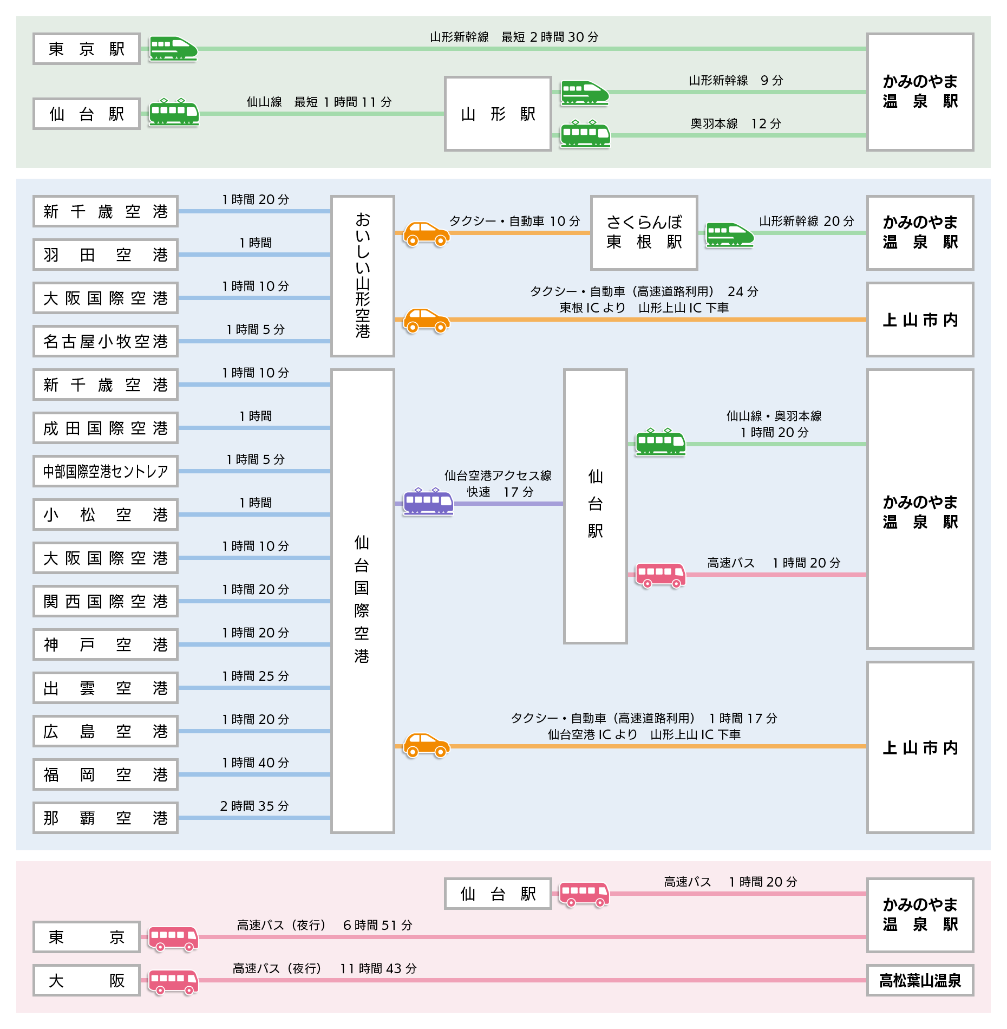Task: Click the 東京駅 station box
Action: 87,49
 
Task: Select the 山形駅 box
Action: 498,114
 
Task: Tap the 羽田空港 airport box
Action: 106,255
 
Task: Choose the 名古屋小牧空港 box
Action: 106,341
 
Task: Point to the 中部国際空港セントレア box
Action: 106,471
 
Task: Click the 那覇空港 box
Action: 106,818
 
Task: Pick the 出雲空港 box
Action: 106,688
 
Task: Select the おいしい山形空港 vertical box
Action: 363,276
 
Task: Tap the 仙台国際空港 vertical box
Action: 363,601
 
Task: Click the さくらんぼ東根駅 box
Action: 644,233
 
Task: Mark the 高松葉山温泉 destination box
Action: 920,980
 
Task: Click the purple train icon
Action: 428,502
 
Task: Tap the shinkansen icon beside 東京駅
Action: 173,48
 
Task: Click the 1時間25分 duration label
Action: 256,676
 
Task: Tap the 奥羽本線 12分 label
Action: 736,123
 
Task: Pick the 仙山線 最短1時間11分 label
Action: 319,102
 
